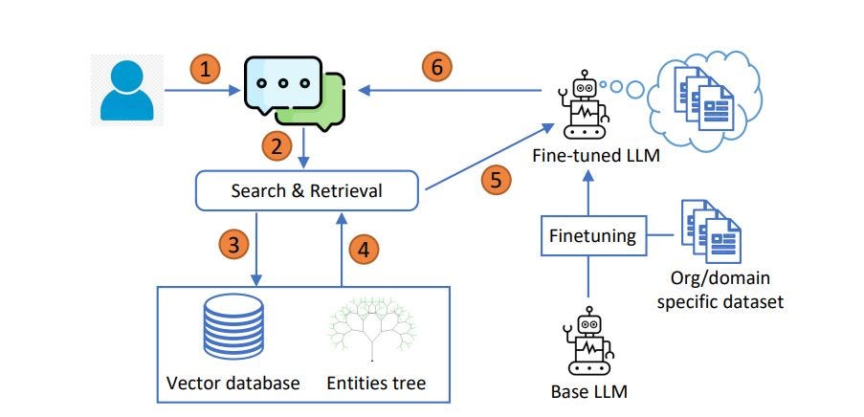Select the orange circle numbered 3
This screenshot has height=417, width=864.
pyautogui.click(x=233, y=246)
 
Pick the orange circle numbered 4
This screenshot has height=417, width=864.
pyautogui.click(x=363, y=250)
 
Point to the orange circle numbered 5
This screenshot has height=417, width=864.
pyautogui.click(x=496, y=180)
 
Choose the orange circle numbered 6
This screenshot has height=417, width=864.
pyautogui.click(x=436, y=67)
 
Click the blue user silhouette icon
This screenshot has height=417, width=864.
pyautogui.click(x=127, y=91)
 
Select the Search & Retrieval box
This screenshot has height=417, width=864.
pyautogui.click(x=307, y=190)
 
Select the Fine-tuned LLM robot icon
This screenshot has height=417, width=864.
pyautogui.click(x=585, y=105)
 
